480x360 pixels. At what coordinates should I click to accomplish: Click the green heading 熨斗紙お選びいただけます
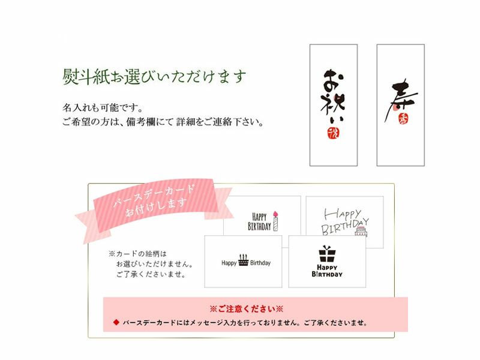(154, 76)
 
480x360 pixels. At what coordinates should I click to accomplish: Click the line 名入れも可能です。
(103, 108)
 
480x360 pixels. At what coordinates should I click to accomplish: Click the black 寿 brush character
(400, 100)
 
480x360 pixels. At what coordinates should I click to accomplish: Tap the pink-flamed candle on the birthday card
(275, 221)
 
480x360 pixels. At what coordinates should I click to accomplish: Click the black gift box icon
(327, 254)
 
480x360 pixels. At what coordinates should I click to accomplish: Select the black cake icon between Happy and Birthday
(244, 260)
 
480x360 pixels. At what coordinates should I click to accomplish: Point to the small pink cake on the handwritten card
(361, 232)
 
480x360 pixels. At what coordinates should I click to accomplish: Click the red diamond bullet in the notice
(116, 322)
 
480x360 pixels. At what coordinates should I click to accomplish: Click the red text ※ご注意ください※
(246, 308)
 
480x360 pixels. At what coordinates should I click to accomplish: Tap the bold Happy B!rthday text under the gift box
(327, 271)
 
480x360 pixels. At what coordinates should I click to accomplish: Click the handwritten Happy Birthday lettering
(344, 221)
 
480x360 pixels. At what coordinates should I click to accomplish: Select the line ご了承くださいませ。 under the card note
(151, 274)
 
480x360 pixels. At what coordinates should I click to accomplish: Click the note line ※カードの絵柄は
(137, 254)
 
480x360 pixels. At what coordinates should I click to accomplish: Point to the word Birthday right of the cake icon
(260, 263)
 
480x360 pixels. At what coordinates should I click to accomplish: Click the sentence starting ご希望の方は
(163, 122)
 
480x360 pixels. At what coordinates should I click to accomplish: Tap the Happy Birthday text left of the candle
(259, 221)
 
